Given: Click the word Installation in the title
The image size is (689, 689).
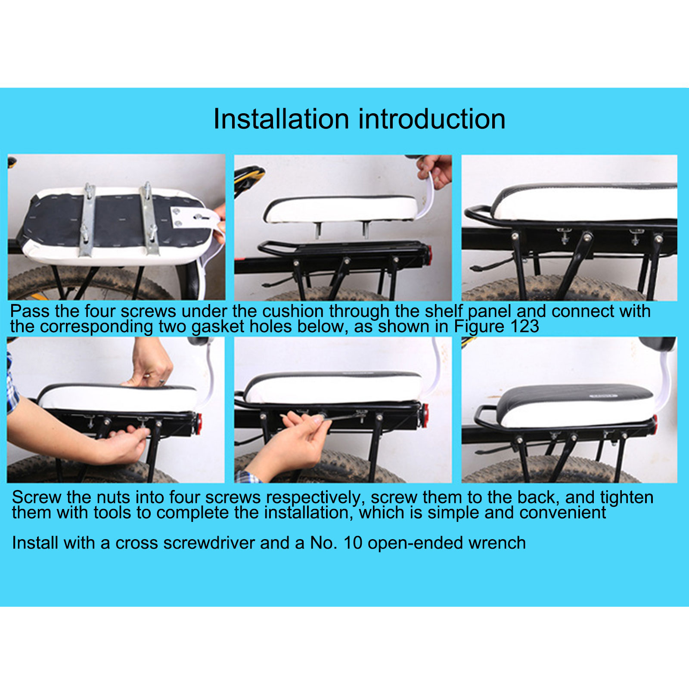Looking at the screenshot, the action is coord(281,119).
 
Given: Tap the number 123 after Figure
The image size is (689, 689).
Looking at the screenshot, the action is coord(525,326).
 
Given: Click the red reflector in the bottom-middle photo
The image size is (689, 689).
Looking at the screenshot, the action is coord(425,416).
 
